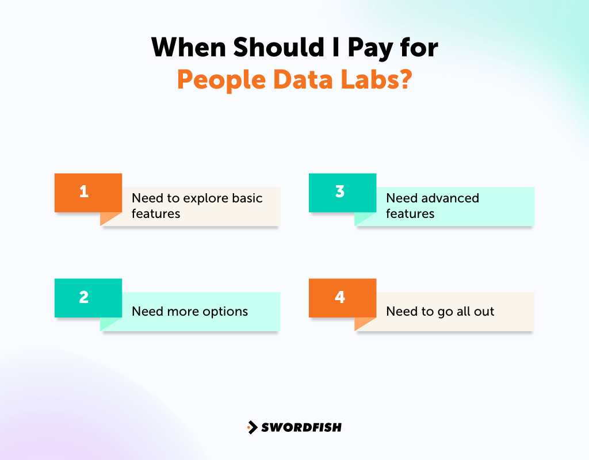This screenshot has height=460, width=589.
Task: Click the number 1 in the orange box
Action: click(84, 191)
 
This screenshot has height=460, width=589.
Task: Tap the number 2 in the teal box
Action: click(84, 297)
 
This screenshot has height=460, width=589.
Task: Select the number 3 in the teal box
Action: click(339, 191)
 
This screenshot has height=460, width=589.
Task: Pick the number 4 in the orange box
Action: click(339, 297)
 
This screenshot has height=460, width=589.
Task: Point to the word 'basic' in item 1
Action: click(247, 198)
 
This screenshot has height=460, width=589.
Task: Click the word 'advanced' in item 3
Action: click(449, 198)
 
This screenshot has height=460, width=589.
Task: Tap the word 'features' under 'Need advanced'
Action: click(410, 213)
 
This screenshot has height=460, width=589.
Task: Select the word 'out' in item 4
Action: click(484, 312)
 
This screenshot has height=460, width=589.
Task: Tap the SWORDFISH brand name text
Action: click(301, 427)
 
